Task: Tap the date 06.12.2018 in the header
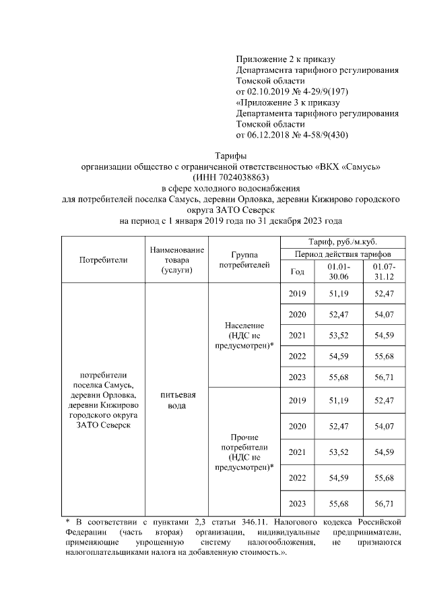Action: click(272, 135)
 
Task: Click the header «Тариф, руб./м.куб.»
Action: click(342, 241)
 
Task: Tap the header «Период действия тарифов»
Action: click(342, 254)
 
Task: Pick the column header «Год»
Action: click(297, 272)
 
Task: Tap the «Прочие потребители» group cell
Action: click(245, 451)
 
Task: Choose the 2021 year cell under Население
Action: click(297, 335)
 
